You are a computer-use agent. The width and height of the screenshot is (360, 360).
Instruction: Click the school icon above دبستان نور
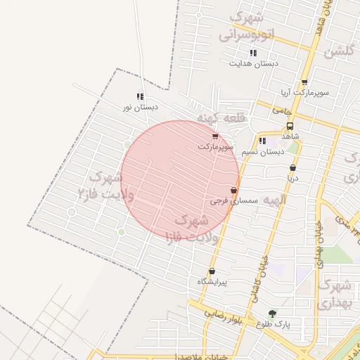(140, 96)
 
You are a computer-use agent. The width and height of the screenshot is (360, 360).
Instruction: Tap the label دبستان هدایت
(253, 63)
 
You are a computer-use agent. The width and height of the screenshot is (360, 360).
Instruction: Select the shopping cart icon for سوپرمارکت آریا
(304, 82)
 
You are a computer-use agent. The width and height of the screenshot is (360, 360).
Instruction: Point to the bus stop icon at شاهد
(290, 125)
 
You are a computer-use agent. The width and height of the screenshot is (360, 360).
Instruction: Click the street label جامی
(281, 110)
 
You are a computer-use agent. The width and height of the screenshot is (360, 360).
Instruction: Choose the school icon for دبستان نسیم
(262, 141)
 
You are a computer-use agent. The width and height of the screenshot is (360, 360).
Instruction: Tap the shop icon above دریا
(292, 168)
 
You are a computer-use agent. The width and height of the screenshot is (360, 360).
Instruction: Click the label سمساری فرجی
(234, 201)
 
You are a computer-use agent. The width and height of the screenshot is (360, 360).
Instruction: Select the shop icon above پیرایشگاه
(212, 271)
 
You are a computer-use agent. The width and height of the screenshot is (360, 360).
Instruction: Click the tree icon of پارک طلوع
(272, 314)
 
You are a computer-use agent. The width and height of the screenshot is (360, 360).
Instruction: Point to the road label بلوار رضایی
(225, 314)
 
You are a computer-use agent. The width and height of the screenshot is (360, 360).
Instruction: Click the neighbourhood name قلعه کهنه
(221, 118)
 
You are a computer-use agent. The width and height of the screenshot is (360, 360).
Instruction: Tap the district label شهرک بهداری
(333, 295)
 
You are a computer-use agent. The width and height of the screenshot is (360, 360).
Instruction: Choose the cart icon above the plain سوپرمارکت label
(215, 136)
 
